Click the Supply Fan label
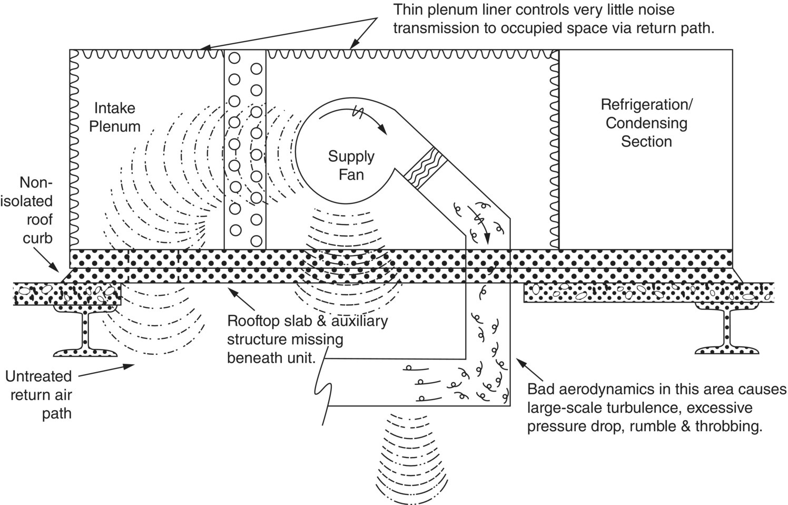coord(351,165)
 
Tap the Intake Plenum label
coord(114,117)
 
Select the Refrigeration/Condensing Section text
coord(646,123)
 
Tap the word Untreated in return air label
coord(38,376)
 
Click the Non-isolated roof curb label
coord(37,210)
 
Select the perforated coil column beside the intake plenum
coord(245,150)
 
